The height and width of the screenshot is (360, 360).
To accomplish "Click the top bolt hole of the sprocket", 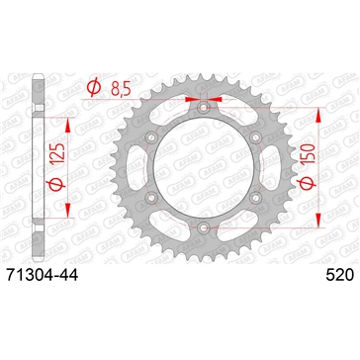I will [202, 106].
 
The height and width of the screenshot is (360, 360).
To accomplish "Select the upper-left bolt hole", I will [151, 135].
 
